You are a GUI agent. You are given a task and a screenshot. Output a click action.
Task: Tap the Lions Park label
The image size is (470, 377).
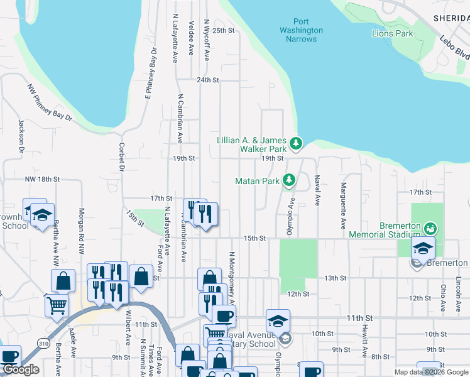[393, 33]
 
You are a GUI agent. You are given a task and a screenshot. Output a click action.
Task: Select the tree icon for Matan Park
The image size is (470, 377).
[289, 181]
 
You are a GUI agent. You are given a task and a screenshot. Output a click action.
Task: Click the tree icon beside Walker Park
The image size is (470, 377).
[296, 145]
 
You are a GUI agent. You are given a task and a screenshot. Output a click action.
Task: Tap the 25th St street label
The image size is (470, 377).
[223, 30]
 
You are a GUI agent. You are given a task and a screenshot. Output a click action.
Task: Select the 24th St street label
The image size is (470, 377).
[207, 80]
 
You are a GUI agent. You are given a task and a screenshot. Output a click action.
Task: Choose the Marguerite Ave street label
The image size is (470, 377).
[344, 205]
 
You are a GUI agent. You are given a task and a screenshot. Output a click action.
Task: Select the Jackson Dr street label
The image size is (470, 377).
[21, 137]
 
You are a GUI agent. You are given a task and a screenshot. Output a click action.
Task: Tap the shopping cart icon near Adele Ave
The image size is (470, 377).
[57, 305]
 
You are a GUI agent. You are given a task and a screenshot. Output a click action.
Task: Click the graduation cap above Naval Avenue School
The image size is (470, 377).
[278, 321]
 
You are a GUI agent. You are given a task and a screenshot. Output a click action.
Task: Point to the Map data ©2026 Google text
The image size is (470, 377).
[431, 372]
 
